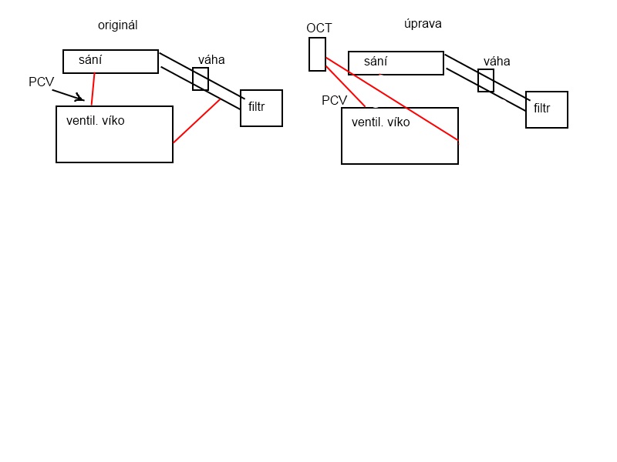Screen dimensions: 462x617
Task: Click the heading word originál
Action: click(x=117, y=25)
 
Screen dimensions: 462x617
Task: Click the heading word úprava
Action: click(x=423, y=23)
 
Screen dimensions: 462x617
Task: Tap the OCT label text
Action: click(x=319, y=28)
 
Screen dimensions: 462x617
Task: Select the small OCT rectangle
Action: click(x=317, y=54)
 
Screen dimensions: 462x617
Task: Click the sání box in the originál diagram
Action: click(x=110, y=62)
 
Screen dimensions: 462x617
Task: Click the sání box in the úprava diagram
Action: click(x=396, y=63)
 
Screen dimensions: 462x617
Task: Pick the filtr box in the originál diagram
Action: click(x=261, y=108)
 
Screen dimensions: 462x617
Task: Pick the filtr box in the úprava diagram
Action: click(x=547, y=109)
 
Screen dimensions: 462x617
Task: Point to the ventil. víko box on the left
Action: click(x=114, y=135)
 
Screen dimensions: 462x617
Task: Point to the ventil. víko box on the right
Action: click(x=400, y=136)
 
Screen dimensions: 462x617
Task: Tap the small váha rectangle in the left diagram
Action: click(x=201, y=79)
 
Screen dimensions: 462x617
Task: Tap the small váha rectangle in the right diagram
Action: click(x=486, y=80)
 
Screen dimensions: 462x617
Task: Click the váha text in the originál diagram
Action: click(x=211, y=59)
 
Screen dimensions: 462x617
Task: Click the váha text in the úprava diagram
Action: click(x=497, y=61)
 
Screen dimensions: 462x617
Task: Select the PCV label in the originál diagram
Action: click(x=41, y=82)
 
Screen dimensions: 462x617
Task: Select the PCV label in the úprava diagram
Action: click(x=334, y=100)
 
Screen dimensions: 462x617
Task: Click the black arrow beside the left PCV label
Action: click(x=68, y=95)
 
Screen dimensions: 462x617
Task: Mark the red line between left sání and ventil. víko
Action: click(x=93, y=89)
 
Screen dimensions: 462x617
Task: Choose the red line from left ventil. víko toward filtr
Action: click(x=197, y=121)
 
